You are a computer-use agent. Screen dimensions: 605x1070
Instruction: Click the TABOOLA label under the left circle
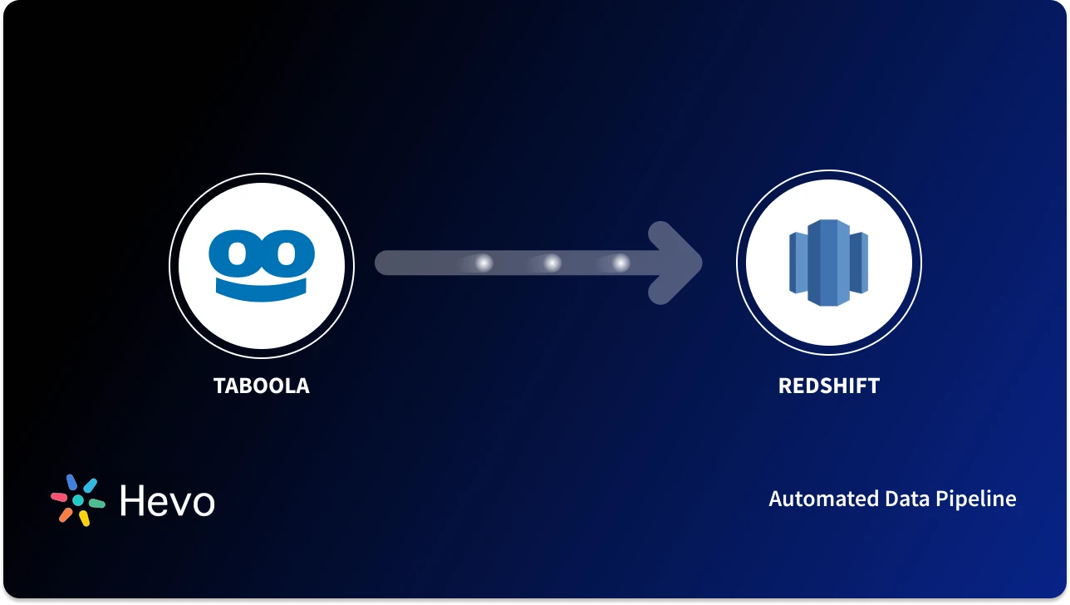(x=261, y=386)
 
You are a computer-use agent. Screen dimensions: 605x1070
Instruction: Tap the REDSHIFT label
(x=828, y=386)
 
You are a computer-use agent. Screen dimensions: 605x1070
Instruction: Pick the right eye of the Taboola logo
(x=288, y=252)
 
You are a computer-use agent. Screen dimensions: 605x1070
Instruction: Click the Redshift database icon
(x=828, y=263)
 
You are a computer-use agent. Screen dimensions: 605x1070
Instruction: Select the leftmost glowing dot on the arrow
(x=483, y=263)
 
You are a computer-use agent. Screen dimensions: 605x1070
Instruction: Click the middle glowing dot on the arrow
(x=552, y=263)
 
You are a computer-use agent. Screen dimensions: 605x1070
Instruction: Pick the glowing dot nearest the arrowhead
(x=621, y=263)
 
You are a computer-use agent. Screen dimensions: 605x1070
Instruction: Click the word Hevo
(x=167, y=501)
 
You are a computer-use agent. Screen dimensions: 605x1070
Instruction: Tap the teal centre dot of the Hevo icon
(x=78, y=501)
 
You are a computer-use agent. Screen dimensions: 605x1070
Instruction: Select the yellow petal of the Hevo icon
(x=84, y=519)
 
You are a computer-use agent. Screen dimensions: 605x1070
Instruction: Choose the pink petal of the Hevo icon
(x=59, y=497)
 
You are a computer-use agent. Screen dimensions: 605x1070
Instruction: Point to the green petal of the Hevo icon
(x=96, y=503)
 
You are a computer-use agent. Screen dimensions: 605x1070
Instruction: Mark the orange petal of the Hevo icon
(x=66, y=515)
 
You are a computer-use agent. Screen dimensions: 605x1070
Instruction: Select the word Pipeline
(x=975, y=499)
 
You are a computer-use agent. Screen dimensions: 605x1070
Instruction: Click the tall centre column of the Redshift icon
(x=822, y=263)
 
